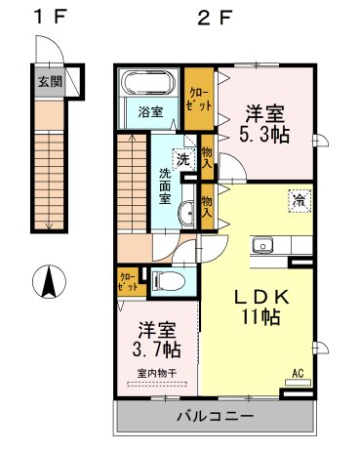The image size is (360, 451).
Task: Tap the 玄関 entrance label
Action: (49, 82)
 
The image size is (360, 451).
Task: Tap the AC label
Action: (299, 372)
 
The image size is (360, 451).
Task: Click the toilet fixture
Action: (172, 283)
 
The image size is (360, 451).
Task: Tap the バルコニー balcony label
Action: (215, 416)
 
